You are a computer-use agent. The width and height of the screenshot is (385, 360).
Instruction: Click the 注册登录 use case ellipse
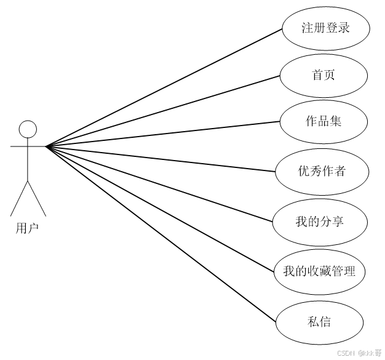click(325, 28)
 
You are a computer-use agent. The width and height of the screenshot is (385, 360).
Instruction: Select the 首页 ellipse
click(323, 75)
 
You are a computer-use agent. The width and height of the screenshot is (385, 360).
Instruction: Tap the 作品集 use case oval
click(323, 121)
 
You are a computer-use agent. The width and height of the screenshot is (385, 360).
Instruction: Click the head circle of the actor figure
click(28, 129)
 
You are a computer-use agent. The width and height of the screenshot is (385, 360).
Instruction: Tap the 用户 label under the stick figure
click(27, 228)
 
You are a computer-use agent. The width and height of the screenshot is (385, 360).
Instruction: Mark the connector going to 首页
click(163, 111)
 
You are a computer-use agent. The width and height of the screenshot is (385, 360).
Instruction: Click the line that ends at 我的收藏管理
click(160, 209)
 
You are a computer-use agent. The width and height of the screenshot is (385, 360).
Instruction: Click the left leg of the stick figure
click(19, 197)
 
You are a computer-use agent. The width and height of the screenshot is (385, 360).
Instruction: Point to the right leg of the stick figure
click(38, 197)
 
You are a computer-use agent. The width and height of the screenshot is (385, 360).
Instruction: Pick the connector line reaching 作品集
click(163, 134)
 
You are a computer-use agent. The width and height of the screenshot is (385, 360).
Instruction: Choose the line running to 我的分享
click(160, 183)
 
